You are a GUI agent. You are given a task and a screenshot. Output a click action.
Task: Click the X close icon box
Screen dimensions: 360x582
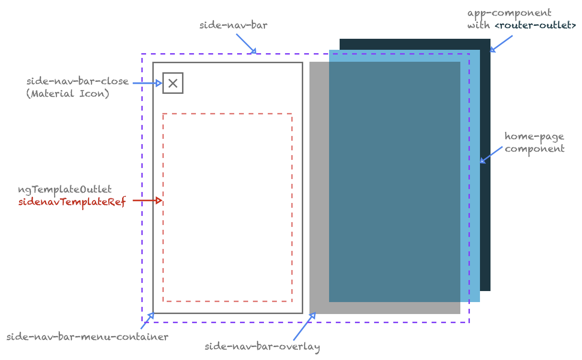pos(173,83)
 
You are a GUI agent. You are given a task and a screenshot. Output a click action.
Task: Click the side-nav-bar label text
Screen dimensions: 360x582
pos(233,25)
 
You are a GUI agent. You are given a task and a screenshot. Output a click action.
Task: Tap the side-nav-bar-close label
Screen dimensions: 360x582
pos(78,81)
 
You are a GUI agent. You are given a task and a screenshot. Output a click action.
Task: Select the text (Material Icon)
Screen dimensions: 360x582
pos(68,94)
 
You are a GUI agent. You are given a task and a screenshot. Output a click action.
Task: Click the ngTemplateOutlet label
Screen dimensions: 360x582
pos(65,190)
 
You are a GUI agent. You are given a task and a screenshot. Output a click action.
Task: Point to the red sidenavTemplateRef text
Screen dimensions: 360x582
pos(72,202)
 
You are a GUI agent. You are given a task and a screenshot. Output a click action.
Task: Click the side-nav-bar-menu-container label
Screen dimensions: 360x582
pos(87,337)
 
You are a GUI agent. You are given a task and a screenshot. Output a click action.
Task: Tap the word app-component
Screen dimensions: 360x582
pos(502,13)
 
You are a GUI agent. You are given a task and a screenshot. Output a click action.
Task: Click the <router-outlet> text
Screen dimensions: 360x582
pos(535,25)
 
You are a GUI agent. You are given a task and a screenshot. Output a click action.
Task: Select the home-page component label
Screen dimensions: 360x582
pos(534,143)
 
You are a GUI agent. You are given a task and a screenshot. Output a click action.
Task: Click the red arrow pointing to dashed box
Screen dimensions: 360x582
pos(148,201)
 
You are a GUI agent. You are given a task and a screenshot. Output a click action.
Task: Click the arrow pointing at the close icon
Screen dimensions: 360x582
pos(148,83)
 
